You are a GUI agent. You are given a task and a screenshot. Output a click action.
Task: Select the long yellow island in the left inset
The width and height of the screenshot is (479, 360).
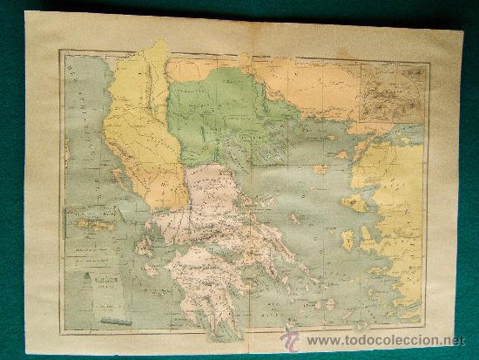pyautogui.click(x=96, y=225)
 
